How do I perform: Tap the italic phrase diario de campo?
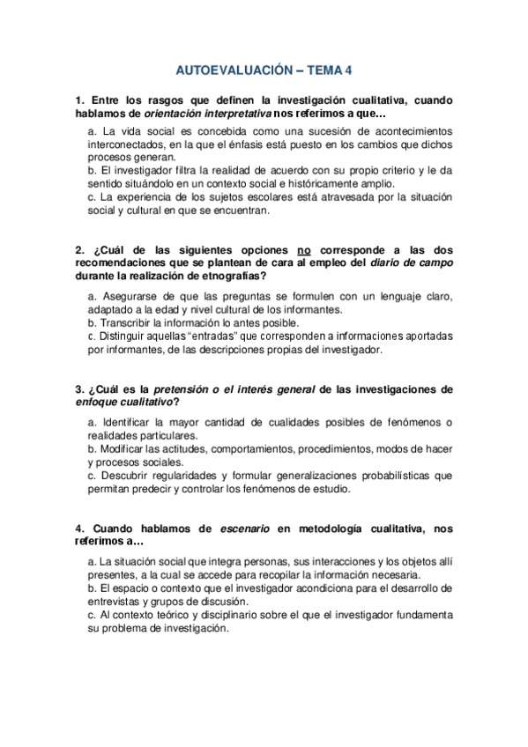(x=417, y=263)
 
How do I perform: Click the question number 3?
(x=79, y=388)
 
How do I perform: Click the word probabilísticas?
(x=387, y=475)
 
